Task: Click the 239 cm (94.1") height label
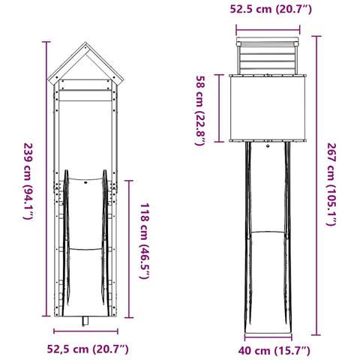pos(28,181)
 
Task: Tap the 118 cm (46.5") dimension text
pos(145,241)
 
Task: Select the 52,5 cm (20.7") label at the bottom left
pos(88,349)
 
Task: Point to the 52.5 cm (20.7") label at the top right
pos(271,9)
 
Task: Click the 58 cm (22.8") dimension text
pos(200,110)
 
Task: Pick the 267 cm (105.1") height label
pos(331,184)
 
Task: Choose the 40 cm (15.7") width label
pos(274,350)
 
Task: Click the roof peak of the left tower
pos(85,43)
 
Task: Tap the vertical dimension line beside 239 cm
pos(46,178)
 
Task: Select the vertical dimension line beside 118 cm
pos(129,249)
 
